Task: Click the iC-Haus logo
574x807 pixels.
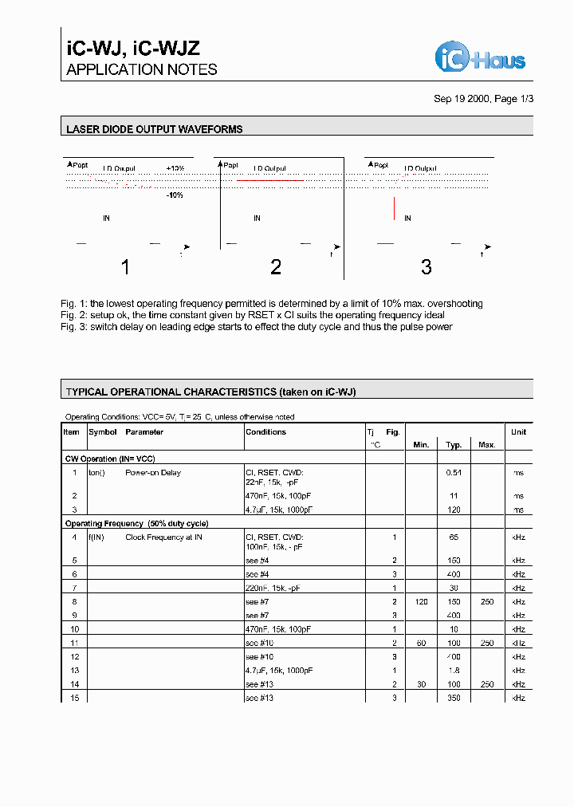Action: point(480,57)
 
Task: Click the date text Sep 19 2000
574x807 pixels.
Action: point(462,99)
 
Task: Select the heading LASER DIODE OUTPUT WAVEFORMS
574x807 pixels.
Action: point(155,128)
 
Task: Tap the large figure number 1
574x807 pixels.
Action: point(125,267)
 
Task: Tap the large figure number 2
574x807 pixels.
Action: point(276,267)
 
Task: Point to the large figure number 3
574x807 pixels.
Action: point(426,267)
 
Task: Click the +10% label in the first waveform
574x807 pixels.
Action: point(175,169)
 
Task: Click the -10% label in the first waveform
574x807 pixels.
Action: point(175,195)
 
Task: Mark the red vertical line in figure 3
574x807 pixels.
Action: point(394,208)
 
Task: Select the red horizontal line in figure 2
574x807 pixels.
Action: point(270,181)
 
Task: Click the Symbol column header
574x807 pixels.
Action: point(103,432)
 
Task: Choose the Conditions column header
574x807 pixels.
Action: point(265,432)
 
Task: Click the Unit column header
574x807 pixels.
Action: point(519,432)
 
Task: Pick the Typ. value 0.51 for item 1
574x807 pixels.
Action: point(454,473)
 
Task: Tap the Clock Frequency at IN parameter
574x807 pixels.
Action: point(163,537)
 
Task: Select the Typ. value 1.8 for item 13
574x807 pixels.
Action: point(454,671)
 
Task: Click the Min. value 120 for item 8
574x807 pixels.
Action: point(421,602)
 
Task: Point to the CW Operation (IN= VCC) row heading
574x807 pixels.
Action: point(109,459)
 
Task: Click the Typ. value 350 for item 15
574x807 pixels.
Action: point(454,698)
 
